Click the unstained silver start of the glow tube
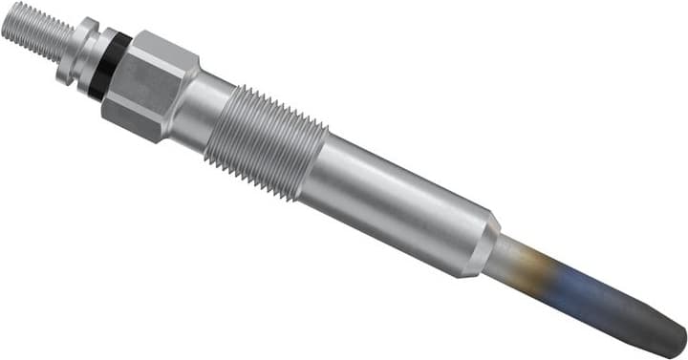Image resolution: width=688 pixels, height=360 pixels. click(506, 258)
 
